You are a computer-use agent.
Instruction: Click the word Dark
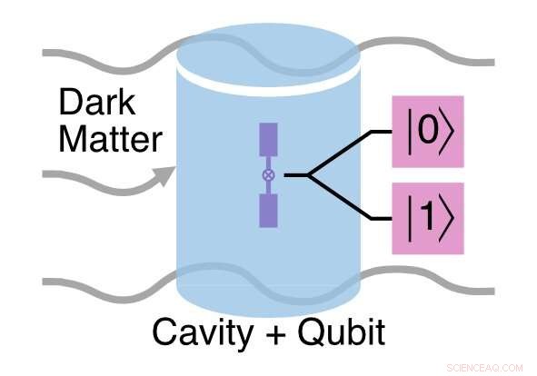coord(94,102)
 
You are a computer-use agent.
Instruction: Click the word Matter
coord(106,140)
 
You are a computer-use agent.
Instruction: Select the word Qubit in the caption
coord(340,332)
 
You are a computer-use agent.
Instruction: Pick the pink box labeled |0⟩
coord(427,132)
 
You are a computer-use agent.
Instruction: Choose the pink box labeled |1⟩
coord(427,218)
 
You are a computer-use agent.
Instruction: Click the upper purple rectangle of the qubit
coord(267,140)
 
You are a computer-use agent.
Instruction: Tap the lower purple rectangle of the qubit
coord(267,210)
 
